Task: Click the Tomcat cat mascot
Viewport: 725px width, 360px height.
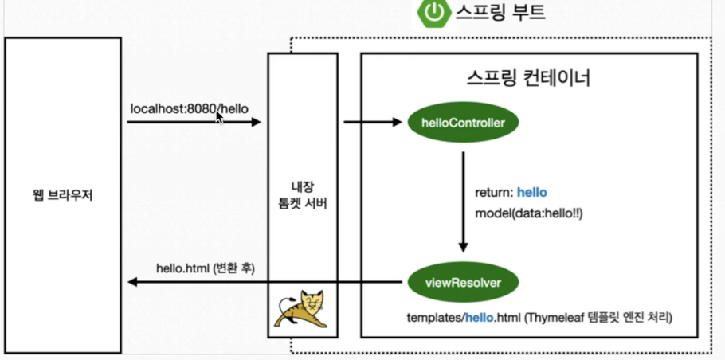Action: pyautogui.click(x=302, y=311)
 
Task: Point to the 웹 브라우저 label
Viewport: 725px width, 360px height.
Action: pyautogui.click(x=61, y=194)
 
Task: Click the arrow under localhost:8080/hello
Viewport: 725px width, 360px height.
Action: pyautogui.click(x=194, y=123)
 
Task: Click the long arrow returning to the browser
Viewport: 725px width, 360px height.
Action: pyautogui.click(x=263, y=281)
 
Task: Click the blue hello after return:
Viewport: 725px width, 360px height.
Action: pyautogui.click(x=532, y=193)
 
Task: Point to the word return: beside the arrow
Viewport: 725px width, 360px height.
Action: pyautogui.click(x=494, y=193)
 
